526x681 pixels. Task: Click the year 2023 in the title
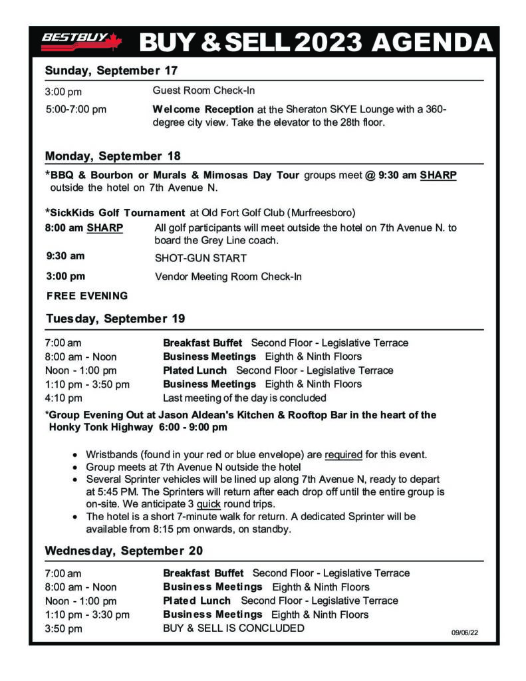coord(329,43)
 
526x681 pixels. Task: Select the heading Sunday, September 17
coord(111,70)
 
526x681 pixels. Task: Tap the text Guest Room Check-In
coord(203,90)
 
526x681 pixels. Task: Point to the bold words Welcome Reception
coord(203,109)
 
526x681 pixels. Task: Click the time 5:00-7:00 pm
coord(76,109)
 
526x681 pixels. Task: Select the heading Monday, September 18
coord(113,156)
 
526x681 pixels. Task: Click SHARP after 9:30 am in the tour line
coord(438,175)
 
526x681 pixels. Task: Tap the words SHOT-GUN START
coord(200,258)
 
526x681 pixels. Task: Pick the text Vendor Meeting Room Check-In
coord(228,277)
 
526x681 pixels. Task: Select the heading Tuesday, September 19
coord(115,319)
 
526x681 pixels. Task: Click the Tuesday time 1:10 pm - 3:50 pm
coord(87,384)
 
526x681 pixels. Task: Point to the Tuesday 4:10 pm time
coord(63,398)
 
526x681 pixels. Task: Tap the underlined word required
coord(343,455)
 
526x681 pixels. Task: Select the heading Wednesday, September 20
coord(124,551)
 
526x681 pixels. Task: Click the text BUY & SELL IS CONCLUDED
coord(233,628)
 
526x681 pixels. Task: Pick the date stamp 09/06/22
coord(464,632)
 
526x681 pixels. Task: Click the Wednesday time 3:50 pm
coord(63,628)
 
